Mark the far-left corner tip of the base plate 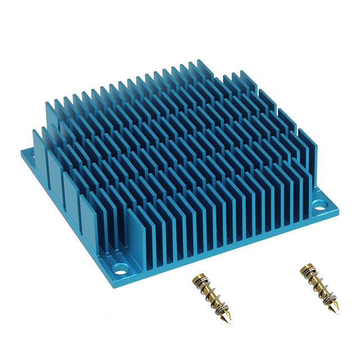pyautogui.click(x=21, y=152)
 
